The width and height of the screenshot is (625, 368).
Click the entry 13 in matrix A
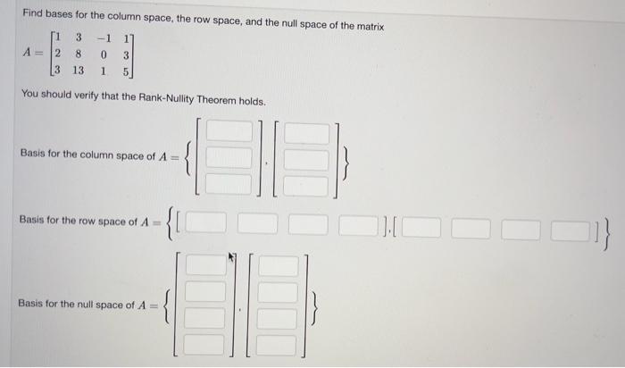[78, 69]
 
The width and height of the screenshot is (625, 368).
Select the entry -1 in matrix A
[106, 37]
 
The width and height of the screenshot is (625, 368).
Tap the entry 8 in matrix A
[79, 53]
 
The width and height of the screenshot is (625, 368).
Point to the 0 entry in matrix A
[108, 53]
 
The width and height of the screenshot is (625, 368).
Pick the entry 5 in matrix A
[129, 69]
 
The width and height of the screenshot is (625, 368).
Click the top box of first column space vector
[229, 131]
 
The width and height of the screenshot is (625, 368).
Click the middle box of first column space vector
[229, 158]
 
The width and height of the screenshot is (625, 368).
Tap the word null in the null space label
[87, 305]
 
